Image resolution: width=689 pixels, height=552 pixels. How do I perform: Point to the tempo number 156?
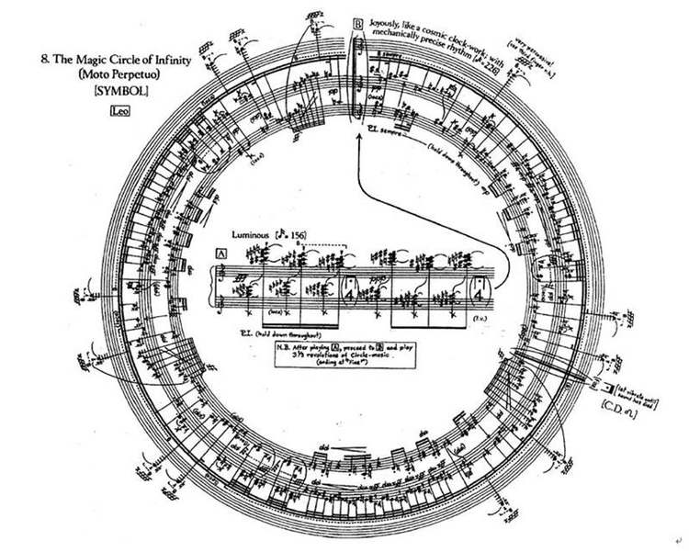pyautogui.click(x=296, y=236)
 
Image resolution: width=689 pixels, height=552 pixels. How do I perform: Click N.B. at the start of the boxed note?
pyautogui.click(x=284, y=349)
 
